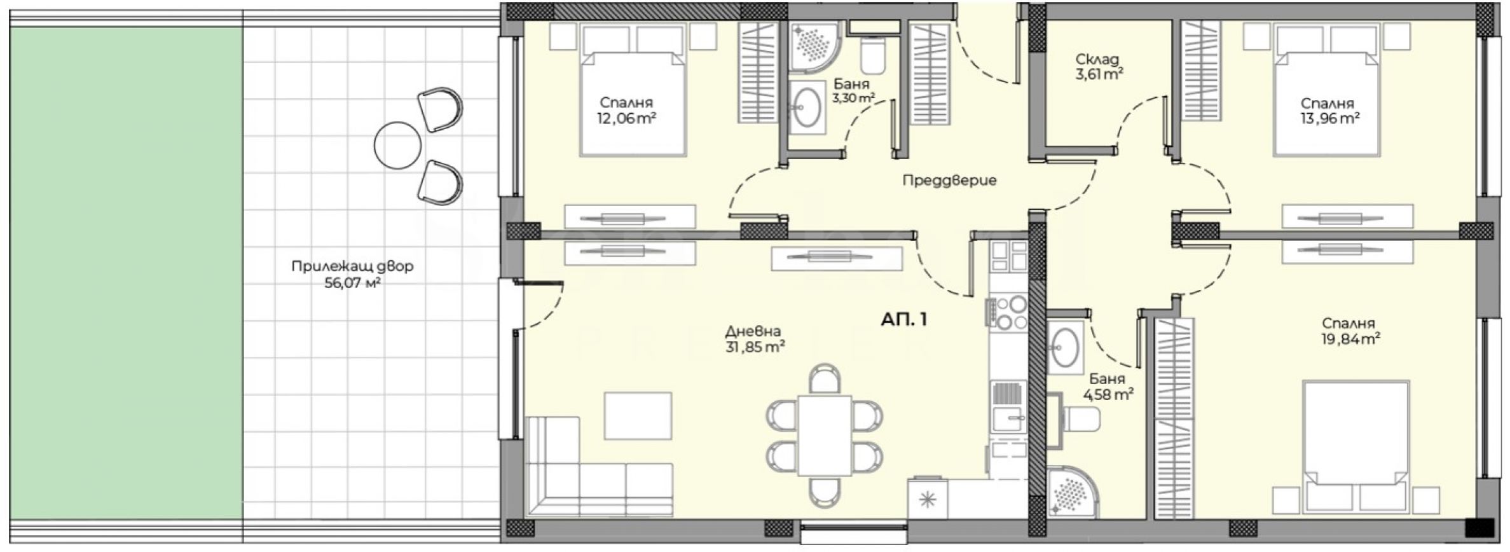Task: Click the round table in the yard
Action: pos(397,145)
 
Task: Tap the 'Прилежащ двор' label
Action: pos(352,266)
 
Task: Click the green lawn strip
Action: pos(127,273)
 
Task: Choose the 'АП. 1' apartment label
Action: pos(904,319)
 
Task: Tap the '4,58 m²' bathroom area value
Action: pos(1108,395)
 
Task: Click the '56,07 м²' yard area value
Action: pos(352,283)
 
